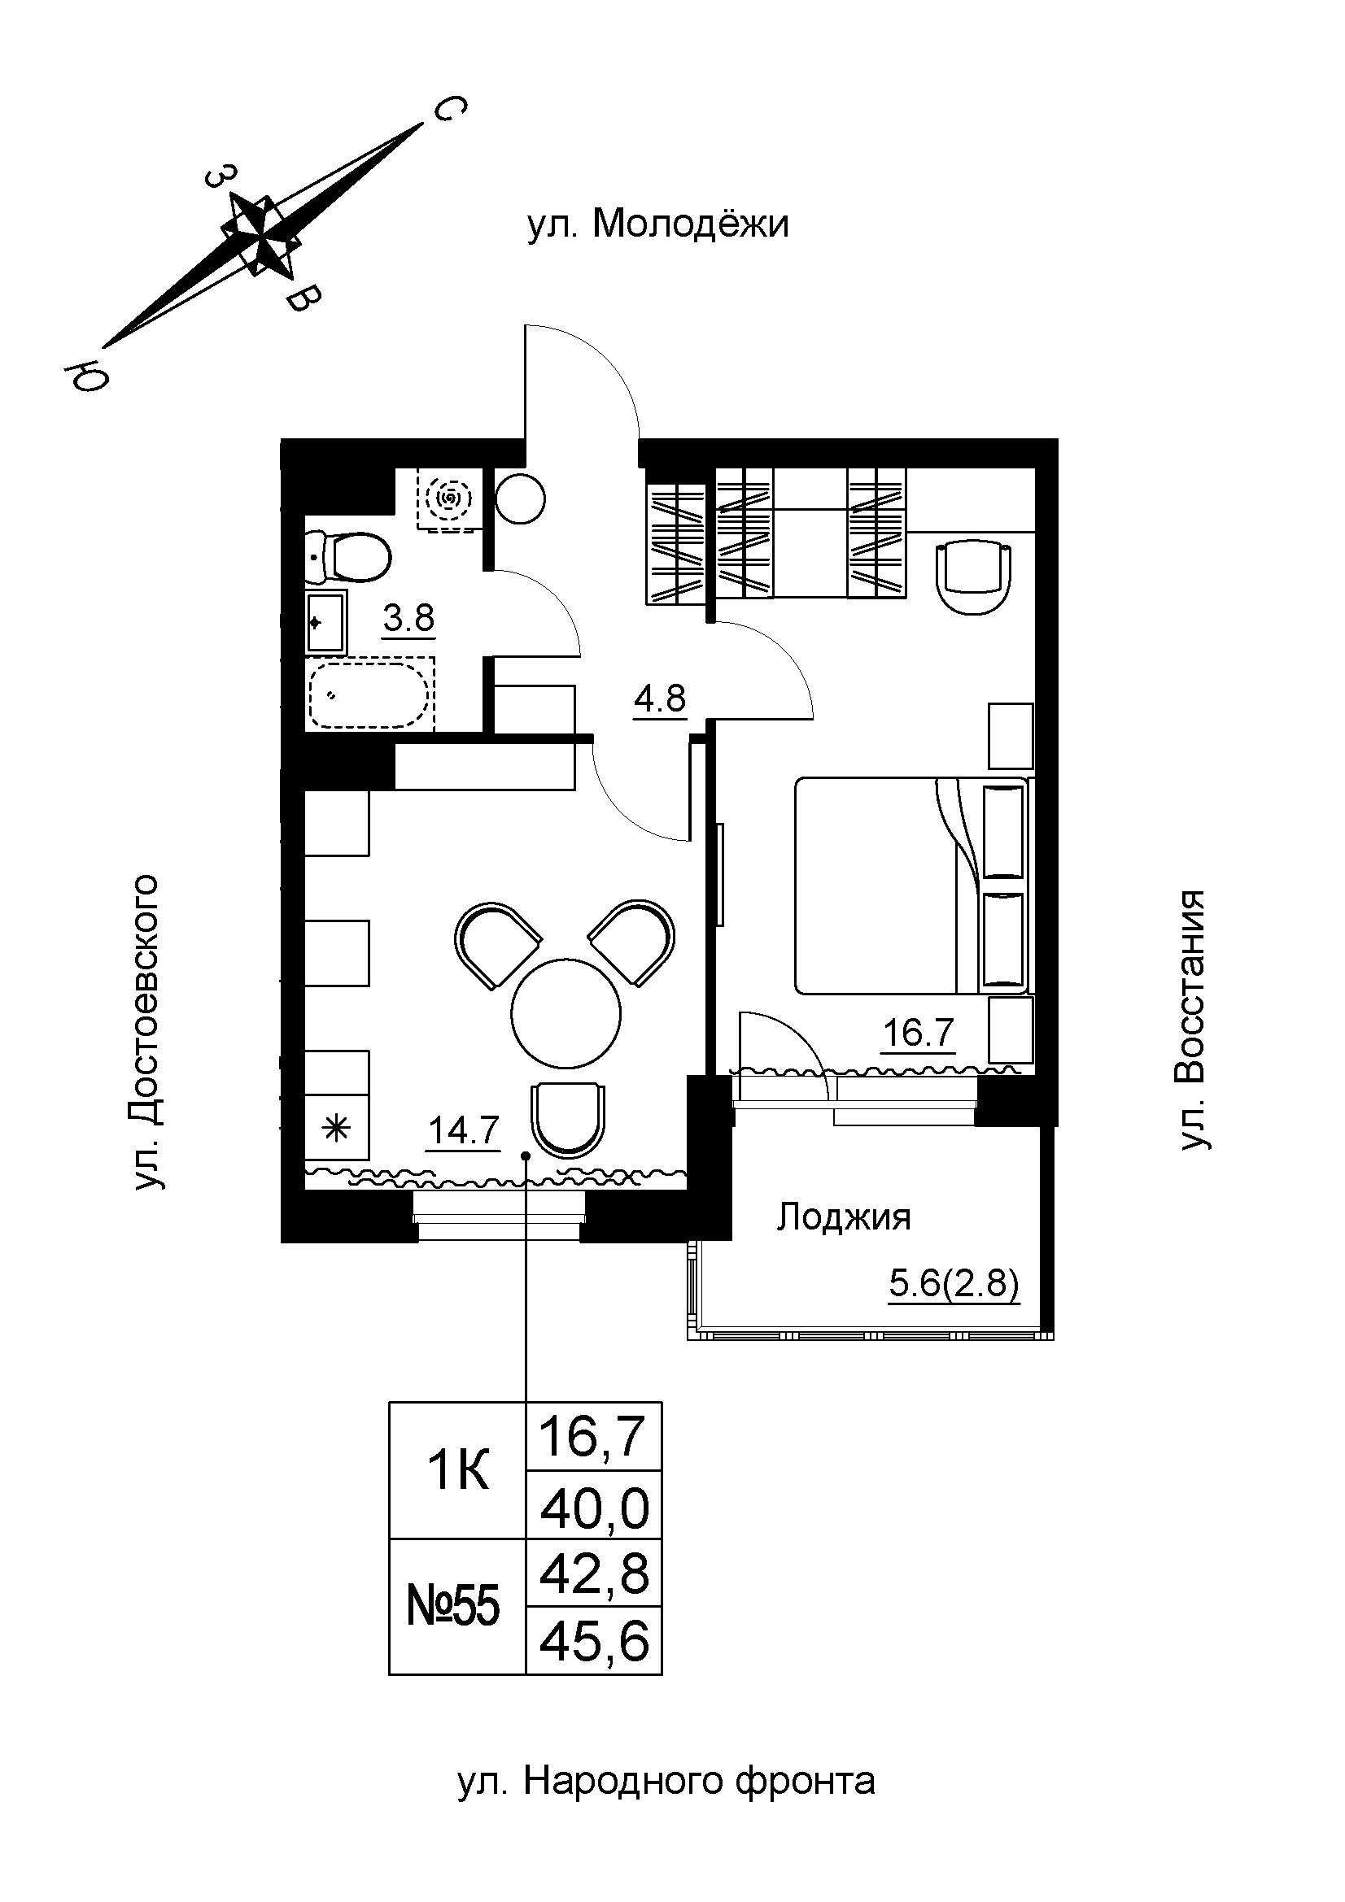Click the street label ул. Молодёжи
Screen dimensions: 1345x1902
pos(658,224)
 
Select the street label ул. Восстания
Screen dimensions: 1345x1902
pos(1193,1021)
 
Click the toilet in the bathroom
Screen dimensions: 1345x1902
pos(348,556)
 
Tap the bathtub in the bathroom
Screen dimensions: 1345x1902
pos(370,695)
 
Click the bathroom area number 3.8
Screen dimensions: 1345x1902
pos(408,618)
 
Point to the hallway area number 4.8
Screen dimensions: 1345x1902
pos(661,699)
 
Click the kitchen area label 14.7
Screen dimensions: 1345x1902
pos(464,1130)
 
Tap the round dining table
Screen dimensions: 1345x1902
pos(566,1014)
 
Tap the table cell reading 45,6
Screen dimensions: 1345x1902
pos(594,1641)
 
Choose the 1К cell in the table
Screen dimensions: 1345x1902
pos(457,1471)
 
